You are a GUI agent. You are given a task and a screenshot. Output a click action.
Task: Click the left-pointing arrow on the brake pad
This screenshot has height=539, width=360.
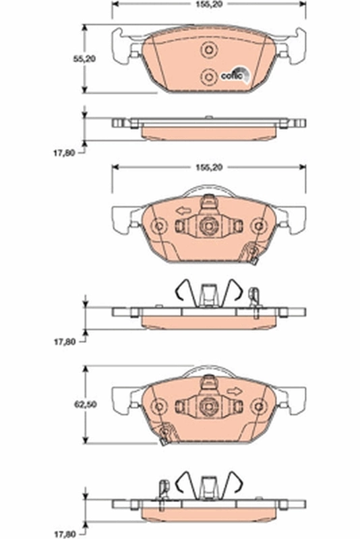[182, 212]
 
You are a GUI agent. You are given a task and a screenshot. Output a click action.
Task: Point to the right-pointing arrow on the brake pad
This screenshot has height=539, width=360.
[234, 391]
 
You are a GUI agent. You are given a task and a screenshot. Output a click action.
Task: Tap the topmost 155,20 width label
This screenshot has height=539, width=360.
[208, 4]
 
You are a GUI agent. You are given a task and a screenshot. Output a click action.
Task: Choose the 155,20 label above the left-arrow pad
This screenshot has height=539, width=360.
[208, 166]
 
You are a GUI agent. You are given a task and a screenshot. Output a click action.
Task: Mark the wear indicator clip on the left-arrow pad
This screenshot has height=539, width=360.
[253, 255]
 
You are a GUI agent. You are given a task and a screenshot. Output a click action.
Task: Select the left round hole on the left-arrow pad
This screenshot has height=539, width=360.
[158, 226]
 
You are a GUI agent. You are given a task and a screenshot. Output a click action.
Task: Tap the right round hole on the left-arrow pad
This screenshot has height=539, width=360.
[257, 226]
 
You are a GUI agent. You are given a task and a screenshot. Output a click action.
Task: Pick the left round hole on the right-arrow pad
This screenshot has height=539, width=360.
[158, 406]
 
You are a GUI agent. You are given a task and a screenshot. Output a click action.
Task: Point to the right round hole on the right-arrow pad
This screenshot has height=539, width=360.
[257, 406]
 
